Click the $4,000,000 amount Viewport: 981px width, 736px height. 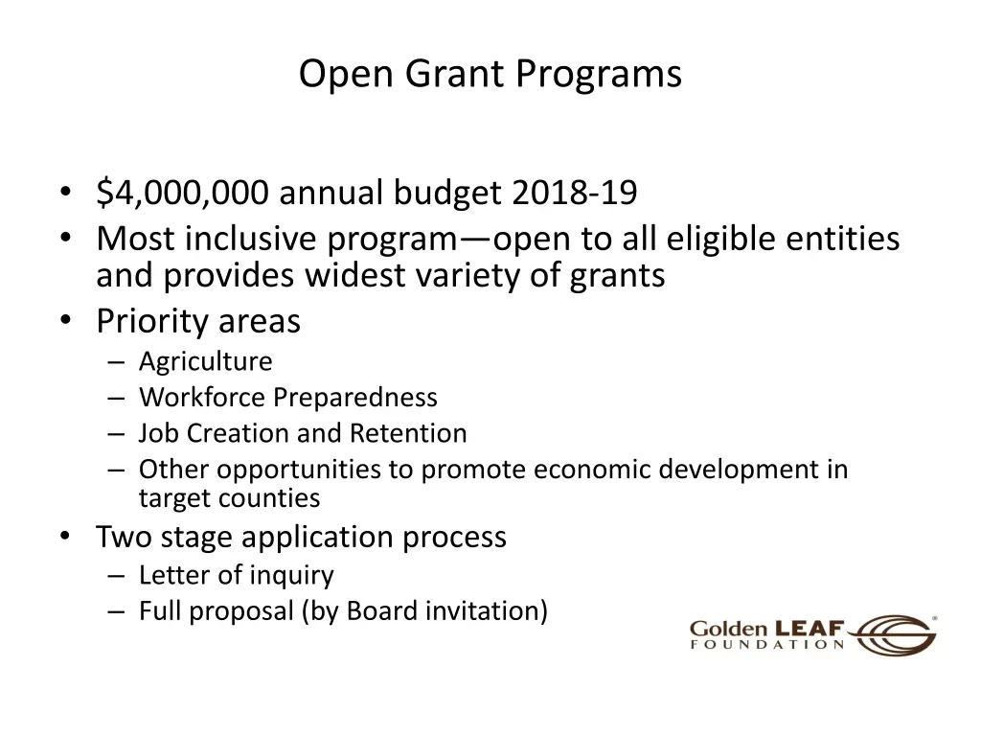pyautogui.click(x=183, y=194)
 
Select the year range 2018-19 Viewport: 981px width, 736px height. pyautogui.click(x=574, y=194)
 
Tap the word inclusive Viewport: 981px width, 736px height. pyautogui.click(x=252, y=238)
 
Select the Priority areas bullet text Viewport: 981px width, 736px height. pyautogui.click(x=197, y=321)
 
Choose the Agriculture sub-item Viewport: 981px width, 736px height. pyautogui.click(x=205, y=361)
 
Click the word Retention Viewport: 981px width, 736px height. pyautogui.click(x=407, y=433)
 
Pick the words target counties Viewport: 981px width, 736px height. pyautogui.click(x=229, y=498)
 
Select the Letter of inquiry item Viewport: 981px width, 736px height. pyautogui.click(x=236, y=575)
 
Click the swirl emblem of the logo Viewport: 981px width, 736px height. pyautogui.click(x=896, y=634)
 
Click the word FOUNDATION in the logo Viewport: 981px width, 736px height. pyautogui.click(x=767, y=646)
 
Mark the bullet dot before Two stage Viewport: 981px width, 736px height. pyautogui.click(x=64, y=537)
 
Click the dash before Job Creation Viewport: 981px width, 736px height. pyautogui.click(x=117, y=433)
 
